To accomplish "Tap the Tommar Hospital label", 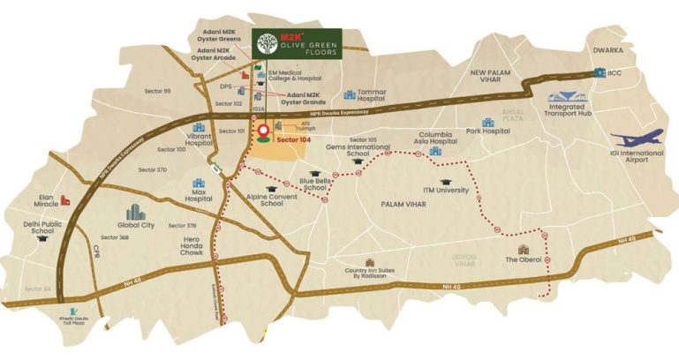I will click(380, 98).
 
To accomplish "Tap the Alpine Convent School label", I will click(259, 199).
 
